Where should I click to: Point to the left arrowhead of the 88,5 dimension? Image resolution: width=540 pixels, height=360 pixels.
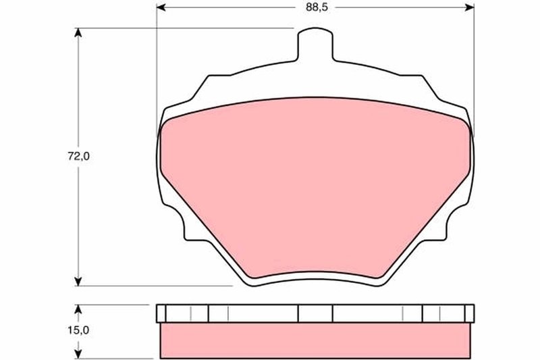tap(162, 8)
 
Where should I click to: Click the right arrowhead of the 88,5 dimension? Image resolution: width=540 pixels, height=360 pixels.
tap(468, 8)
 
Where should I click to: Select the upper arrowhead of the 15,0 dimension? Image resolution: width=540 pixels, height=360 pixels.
tap(80, 309)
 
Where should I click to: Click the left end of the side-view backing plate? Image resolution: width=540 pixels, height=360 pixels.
tap(161, 313)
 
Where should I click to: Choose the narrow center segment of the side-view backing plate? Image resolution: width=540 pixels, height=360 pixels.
tap(315, 313)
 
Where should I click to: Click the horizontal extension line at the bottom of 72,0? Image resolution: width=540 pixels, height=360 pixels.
tap(155, 286)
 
